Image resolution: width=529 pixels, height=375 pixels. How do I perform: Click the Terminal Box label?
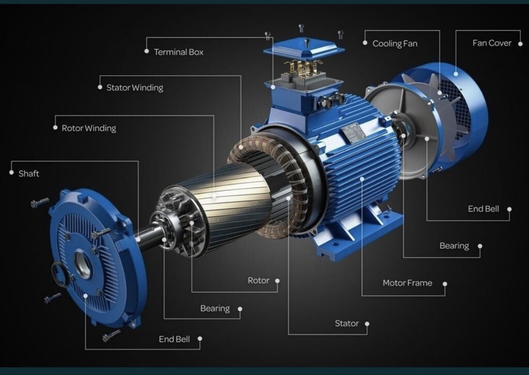[x=179, y=52]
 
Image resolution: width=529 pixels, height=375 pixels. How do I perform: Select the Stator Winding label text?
[x=135, y=87]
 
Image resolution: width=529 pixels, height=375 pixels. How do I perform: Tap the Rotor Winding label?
[x=89, y=128]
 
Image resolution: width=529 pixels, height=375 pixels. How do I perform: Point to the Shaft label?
[x=28, y=174]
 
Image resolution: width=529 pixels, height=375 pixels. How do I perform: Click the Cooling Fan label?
[x=395, y=43]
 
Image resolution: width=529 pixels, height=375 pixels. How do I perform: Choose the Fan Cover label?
[x=492, y=43]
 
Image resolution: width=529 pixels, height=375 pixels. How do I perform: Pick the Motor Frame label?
[x=407, y=283]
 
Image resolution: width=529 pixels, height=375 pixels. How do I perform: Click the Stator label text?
[x=347, y=323]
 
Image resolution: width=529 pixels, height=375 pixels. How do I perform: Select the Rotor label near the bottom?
[x=259, y=280]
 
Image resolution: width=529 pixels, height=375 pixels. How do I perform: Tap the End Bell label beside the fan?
[x=483, y=209]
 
